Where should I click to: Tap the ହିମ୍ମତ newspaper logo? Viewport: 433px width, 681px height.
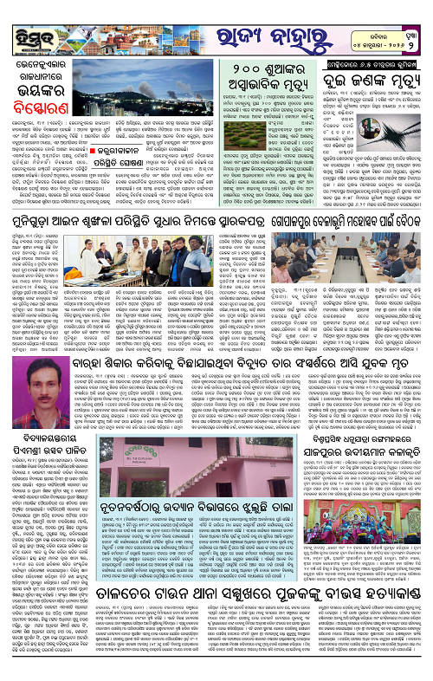[x=34, y=23]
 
